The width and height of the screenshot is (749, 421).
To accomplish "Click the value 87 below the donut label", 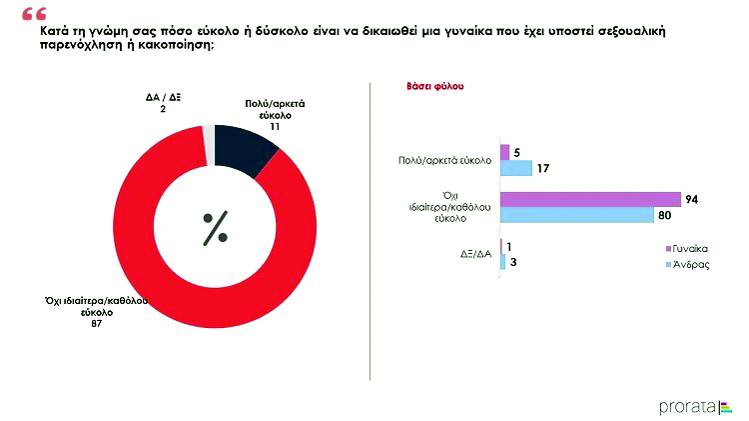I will [x=96, y=324].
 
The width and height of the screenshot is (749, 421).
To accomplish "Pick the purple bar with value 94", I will [x=589, y=199].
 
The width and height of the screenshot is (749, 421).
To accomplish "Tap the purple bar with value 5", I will [x=504, y=152].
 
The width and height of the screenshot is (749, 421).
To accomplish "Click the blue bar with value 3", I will [x=502, y=261].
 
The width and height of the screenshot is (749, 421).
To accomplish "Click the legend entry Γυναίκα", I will [x=691, y=247].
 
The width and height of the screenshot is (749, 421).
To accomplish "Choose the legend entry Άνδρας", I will [x=689, y=264].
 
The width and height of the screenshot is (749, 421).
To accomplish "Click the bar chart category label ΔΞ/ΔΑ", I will [x=475, y=253].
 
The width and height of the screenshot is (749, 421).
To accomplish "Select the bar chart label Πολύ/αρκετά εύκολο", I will [x=444, y=159].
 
